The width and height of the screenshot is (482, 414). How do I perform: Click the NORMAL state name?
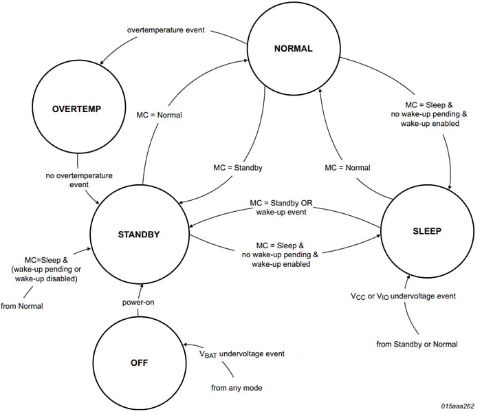click(x=293, y=49)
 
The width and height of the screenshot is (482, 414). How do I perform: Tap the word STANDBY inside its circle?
click(x=138, y=235)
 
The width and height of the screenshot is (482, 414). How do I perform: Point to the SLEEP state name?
click(x=428, y=231)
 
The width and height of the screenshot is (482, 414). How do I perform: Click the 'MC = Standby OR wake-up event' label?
click(x=281, y=208)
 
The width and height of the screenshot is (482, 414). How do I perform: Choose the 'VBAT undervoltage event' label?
click(x=241, y=354)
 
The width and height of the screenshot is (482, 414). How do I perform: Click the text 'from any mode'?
click(x=237, y=388)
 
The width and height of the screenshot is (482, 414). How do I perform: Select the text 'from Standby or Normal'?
click(x=417, y=344)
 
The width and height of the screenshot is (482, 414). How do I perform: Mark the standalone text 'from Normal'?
click(x=22, y=306)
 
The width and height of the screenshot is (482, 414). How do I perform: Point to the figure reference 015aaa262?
click(x=457, y=406)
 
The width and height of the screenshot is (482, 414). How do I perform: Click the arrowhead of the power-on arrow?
click(x=138, y=283)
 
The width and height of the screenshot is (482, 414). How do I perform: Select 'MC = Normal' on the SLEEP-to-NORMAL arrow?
click(x=347, y=168)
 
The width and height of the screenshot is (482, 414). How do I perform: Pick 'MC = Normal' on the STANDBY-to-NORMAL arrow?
click(x=160, y=115)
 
